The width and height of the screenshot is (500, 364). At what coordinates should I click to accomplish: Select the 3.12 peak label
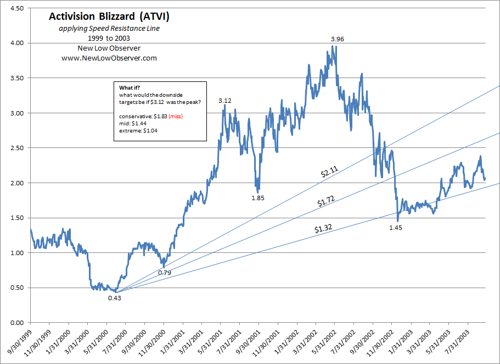tap(225, 101)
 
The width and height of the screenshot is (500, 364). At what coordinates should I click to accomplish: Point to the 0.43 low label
tap(114, 297)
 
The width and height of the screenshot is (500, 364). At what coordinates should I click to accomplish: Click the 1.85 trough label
tap(258, 197)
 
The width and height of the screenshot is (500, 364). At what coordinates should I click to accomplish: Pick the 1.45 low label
tap(395, 227)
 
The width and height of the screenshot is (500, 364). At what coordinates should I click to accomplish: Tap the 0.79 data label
tap(165, 272)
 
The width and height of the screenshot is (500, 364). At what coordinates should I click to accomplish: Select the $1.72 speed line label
tap(327, 202)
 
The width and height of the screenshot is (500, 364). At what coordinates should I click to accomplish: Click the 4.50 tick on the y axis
tap(16, 9)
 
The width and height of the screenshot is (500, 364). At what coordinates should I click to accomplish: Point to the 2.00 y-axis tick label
tap(16, 183)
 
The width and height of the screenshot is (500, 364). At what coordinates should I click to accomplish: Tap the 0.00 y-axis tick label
tap(16, 323)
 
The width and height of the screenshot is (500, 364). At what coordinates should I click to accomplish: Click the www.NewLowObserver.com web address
tap(109, 58)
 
